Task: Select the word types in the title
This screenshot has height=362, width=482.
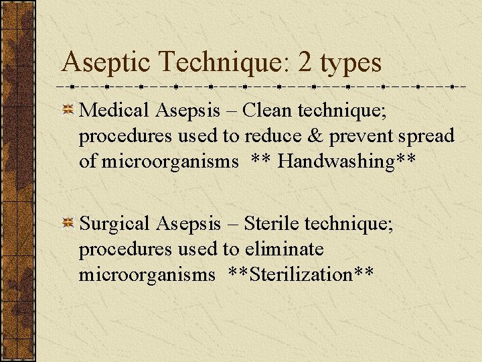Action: (x=351, y=64)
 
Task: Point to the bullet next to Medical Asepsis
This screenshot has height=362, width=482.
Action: (x=68, y=110)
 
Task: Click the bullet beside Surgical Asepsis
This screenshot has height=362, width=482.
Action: (x=68, y=224)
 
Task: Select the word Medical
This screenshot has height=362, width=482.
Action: (x=112, y=110)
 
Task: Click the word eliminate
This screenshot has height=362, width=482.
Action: (x=284, y=249)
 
